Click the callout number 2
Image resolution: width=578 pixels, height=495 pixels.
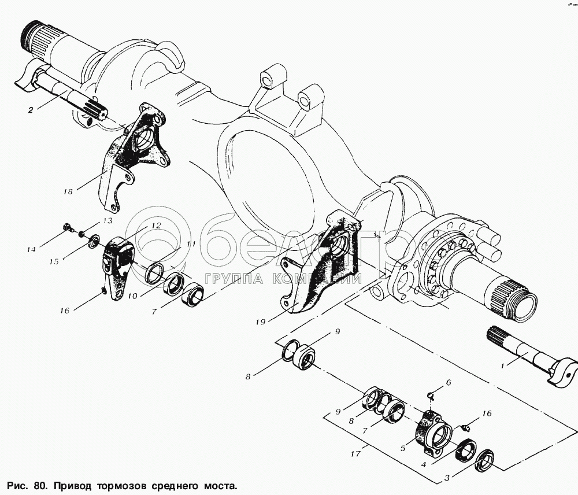(31, 109)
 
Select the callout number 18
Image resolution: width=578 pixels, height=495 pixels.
(68, 191)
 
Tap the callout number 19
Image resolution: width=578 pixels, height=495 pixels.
(260, 322)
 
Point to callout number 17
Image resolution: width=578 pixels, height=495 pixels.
(355, 454)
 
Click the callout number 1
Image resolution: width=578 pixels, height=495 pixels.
(502, 366)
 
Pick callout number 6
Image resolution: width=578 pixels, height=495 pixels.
(449, 382)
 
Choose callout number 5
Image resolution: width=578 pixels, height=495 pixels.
(403, 448)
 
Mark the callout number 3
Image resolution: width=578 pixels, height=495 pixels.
(447, 478)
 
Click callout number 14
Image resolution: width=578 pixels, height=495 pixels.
(31, 249)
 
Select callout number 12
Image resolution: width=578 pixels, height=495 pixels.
(156, 226)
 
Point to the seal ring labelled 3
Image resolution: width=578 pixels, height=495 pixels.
(484, 460)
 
